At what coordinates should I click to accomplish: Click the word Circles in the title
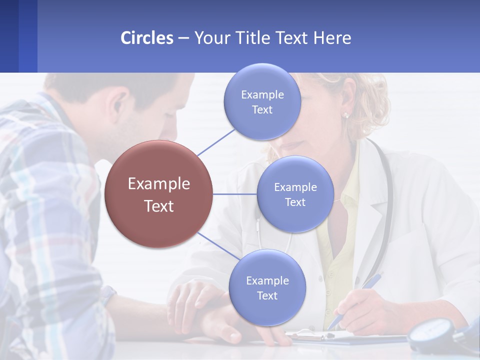pyautogui.click(x=146, y=38)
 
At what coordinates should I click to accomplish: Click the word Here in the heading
pyautogui.click(x=332, y=38)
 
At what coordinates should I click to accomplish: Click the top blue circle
pyautogui.click(x=262, y=101)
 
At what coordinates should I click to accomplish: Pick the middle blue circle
pyautogui.click(x=295, y=194)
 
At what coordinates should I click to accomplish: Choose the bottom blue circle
pyautogui.click(x=267, y=288)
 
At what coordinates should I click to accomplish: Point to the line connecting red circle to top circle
pyautogui.click(x=216, y=142)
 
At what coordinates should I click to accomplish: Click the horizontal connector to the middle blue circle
pyautogui.click(x=235, y=194)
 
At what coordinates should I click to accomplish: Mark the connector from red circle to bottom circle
pyautogui.click(x=218, y=246)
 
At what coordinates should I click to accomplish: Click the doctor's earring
pyautogui.click(x=345, y=115)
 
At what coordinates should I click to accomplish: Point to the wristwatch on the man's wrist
pyautogui.click(x=107, y=295)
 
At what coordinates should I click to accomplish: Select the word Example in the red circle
pyautogui.click(x=159, y=184)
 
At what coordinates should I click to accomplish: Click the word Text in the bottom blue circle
pyautogui.click(x=267, y=296)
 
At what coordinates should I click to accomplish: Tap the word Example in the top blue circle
pyautogui.click(x=262, y=94)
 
